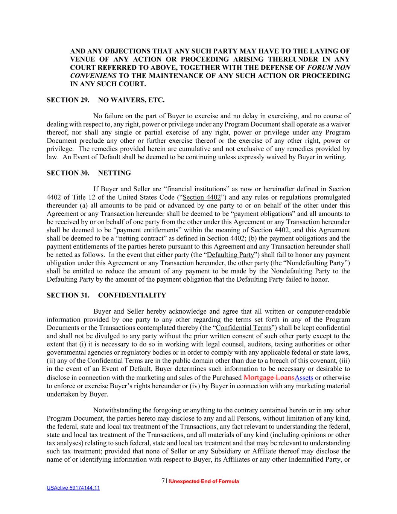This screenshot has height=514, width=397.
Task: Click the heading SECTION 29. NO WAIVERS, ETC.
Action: point(105,100)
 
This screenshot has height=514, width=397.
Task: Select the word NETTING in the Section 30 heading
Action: point(114,173)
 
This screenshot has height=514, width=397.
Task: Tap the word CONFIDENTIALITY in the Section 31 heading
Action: point(132,295)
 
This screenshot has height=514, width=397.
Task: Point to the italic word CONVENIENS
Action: point(93,76)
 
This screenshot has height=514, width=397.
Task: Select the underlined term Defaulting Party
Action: point(230,255)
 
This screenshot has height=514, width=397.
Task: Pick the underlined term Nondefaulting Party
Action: point(315,263)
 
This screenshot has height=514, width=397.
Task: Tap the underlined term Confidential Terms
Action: point(243,328)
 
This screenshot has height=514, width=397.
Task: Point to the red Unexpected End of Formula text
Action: point(204,481)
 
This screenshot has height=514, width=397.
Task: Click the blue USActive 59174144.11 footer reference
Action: point(73,488)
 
